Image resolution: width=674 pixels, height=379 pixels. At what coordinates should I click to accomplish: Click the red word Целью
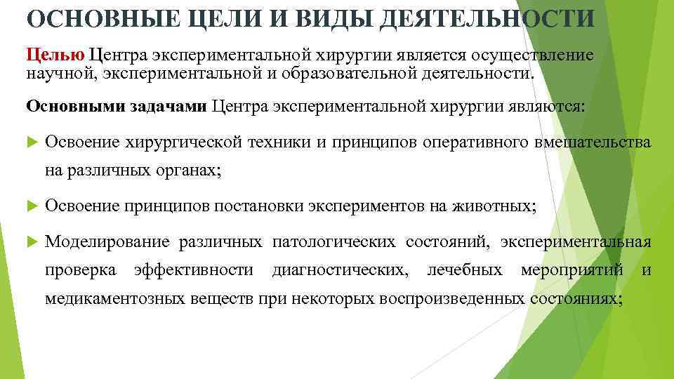(55, 55)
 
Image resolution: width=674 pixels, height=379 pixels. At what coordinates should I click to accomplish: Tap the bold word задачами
(168, 106)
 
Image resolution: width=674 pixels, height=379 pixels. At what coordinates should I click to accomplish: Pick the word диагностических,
(340, 270)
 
